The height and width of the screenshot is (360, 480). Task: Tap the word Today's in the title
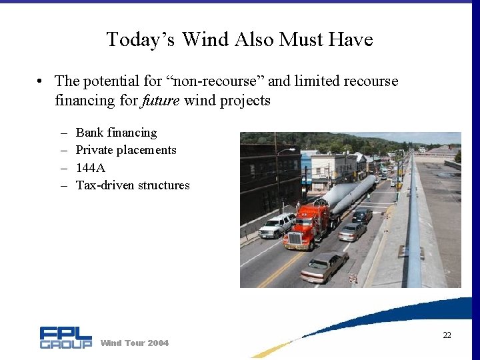tap(141, 39)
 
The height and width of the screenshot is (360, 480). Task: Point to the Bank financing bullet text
tap(116, 133)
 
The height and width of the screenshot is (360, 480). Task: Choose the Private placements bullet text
tap(126, 150)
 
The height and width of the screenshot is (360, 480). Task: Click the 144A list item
tap(91, 168)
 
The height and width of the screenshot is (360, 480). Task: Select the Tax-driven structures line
tap(133, 185)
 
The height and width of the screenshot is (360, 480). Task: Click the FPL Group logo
tap(65, 337)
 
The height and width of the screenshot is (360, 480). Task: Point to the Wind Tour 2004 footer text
tap(134, 343)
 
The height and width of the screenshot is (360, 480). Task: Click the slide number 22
tap(447, 335)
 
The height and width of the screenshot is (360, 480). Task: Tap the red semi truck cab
tap(305, 226)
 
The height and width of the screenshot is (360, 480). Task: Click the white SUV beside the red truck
tap(277, 225)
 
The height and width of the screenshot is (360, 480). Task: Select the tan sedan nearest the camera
tap(324, 267)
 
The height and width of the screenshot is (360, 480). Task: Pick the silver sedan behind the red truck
tap(351, 231)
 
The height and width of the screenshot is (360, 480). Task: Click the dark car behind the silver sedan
tap(362, 215)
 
